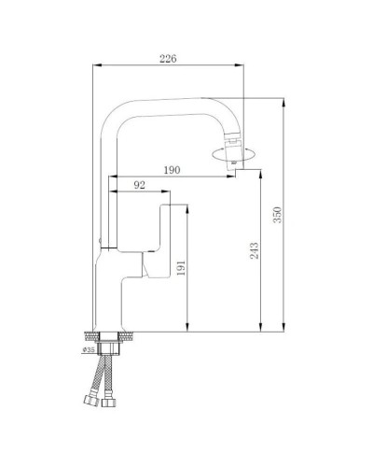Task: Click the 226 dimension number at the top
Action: point(169,58)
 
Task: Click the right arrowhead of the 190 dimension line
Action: point(237,177)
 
